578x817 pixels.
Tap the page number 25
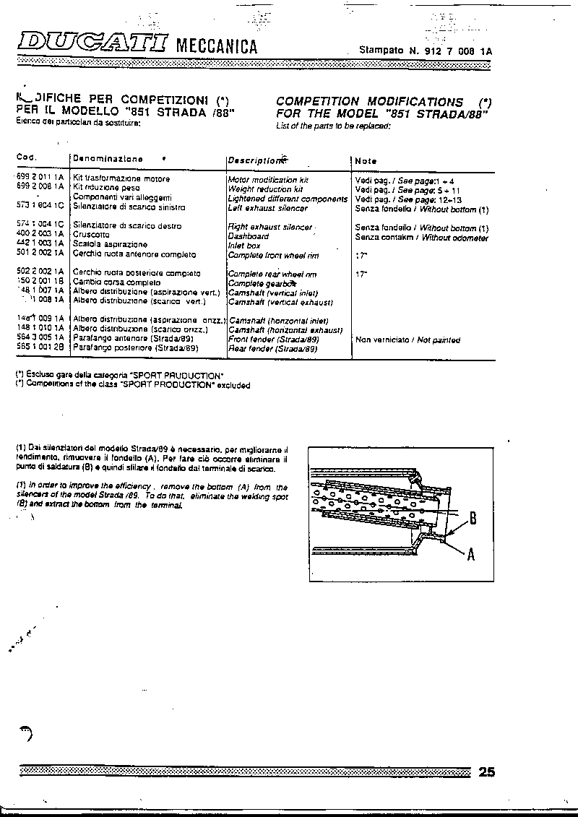pos(486,772)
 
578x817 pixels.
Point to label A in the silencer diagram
pos(470,555)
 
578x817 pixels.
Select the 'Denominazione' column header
pos(108,159)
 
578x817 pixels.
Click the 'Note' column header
pos(366,160)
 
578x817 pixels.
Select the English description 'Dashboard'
pos(248,236)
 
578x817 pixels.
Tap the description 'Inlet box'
pos(243,246)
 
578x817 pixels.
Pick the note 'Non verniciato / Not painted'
pos(407,340)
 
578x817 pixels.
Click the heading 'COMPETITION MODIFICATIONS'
pos(369,102)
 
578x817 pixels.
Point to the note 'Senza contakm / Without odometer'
pos(421,238)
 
